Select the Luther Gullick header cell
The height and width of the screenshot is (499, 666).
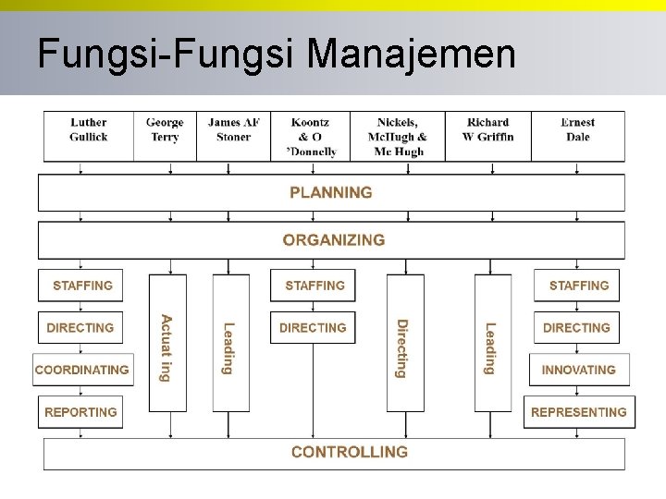click(x=88, y=129)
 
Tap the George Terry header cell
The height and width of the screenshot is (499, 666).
click(x=165, y=129)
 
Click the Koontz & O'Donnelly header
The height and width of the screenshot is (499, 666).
click(x=310, y=136)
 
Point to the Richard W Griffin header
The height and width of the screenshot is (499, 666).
click(x=487, y=129)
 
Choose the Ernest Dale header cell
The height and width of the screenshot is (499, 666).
click(x=577, y=129)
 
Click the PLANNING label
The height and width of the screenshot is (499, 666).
click(x=331, y=192)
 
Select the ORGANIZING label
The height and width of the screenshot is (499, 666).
click(x=333, y=240)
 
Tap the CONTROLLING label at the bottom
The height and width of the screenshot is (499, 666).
click(x=349, y=452)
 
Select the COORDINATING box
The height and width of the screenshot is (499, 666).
click(x=81, y=370)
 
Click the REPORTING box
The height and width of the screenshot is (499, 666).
click(x=80, y=412)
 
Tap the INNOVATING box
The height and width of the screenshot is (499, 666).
click(x=578, y=370)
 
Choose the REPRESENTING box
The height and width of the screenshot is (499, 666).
click(x=578, y=412)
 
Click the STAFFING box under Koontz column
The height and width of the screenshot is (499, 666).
click(x=314, y=286)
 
